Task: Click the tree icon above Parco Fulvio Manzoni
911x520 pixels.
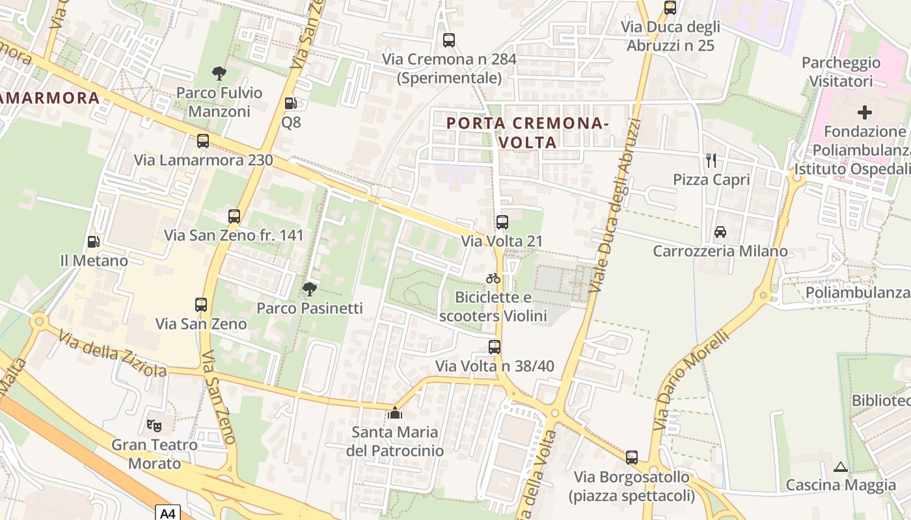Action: click(x=219, y=73)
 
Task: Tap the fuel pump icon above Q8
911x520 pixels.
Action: click(x=291, y=103)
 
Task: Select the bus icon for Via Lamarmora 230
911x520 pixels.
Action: click(x=203, y=140)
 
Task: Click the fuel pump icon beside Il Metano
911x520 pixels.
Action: click(x=94, y=242)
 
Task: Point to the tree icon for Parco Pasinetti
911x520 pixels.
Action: click(x=310, y=289)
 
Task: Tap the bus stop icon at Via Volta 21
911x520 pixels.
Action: click(x=502, y=222)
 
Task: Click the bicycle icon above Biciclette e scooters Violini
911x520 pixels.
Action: click(x=493, y=278)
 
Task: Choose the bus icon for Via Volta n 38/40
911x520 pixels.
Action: click(x=495, y=347)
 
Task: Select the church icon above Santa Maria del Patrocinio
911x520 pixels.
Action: click(x=394, y=413)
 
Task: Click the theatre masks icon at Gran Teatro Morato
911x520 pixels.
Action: click(x=154, y=426)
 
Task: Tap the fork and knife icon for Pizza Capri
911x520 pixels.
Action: click(x=711, y=160)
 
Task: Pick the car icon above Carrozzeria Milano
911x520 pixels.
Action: click(x=720, y=231)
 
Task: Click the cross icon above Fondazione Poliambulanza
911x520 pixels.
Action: click(x=865, y=112)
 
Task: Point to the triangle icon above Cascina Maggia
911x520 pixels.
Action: click(x=841, y=467)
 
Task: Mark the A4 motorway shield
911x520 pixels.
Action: click(x=168, y=513)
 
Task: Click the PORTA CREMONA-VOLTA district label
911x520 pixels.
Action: click(x=527, y=132)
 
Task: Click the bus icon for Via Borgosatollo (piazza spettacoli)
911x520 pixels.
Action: click(x=631, y=458)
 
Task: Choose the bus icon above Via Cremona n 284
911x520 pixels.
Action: click(x=449, y=40)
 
